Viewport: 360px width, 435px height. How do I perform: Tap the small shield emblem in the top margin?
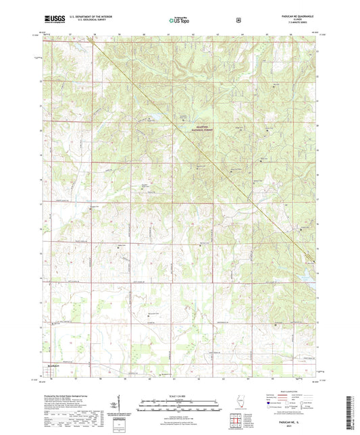(238, 20)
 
